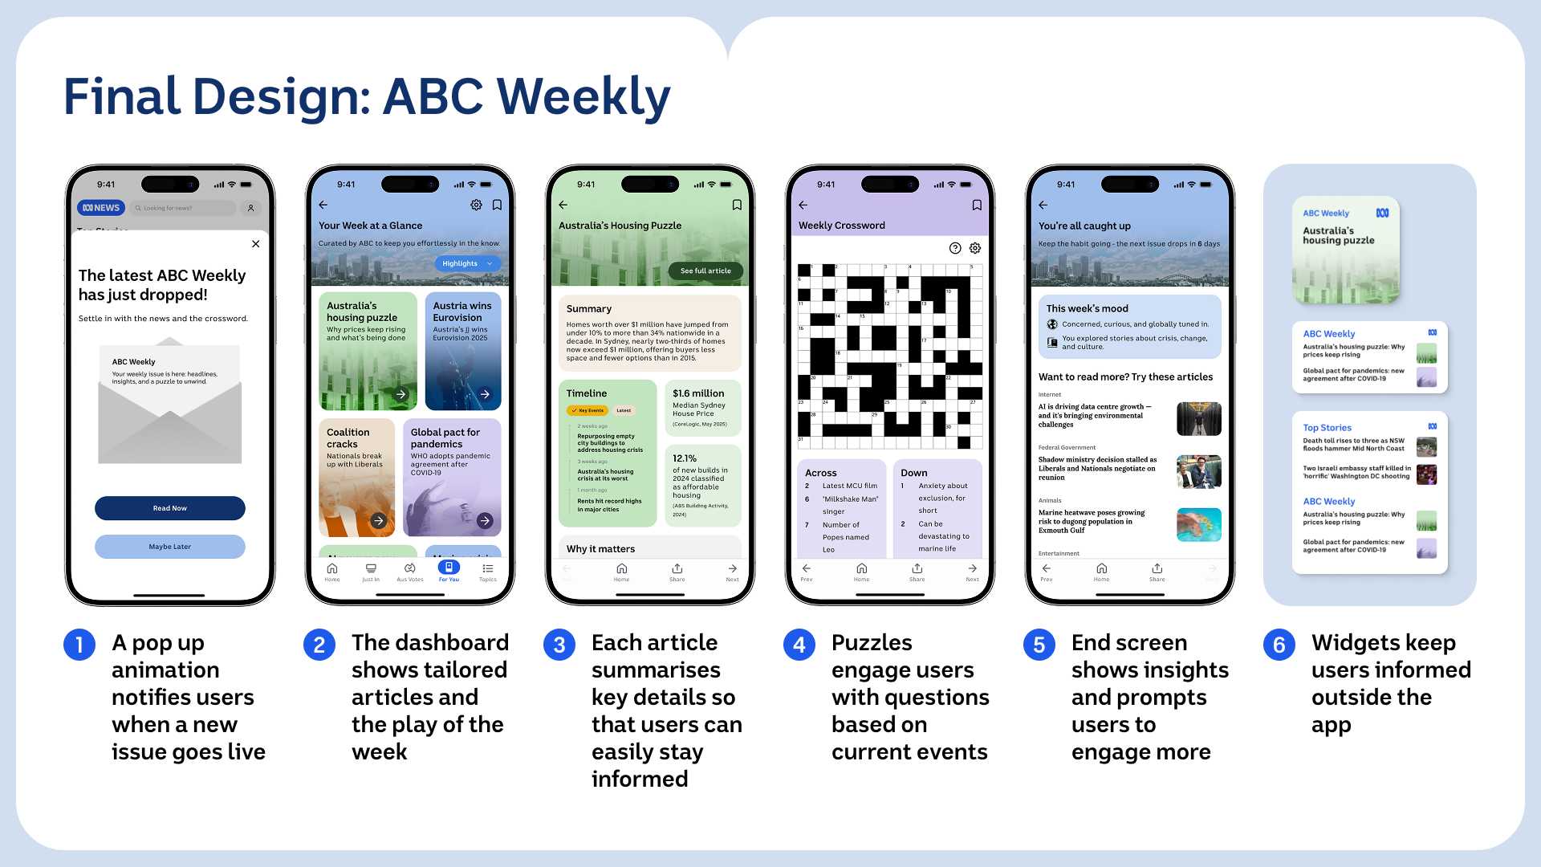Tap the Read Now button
pos(169,508)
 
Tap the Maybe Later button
pos(169,547)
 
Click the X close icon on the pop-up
pos(255,244)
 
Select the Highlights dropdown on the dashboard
pos(467,263)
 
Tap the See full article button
pos(705,271)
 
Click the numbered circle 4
pos(799,645)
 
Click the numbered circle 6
pos(1279,645)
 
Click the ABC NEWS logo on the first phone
pos(101,208)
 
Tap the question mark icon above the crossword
pos(955,248)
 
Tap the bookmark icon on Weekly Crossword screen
pos(977,206)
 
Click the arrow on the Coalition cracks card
pos(379,521)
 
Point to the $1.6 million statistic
pos(698,393)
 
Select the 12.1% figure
pos(685,458)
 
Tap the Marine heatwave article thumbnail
pos(1198,524)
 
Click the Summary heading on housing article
pos(588,309)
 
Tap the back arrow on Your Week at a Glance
pos(323,206)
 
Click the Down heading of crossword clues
pos(913,473)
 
